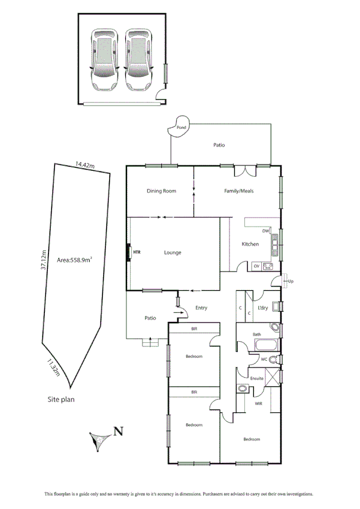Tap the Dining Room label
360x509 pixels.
click(162, 191)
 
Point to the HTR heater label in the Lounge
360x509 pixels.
click(137, 252)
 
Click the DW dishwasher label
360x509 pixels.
click(266, 231)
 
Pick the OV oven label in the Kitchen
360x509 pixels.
click(256, 266)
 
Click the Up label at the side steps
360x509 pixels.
click(291, 281)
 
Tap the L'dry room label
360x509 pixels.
click(262, 308)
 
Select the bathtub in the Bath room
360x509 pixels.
click(265, 346)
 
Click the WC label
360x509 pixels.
click(263, 359)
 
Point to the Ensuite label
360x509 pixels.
click(257, 378)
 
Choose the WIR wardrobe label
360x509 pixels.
click(259, 403)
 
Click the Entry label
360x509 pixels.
click(201, 308)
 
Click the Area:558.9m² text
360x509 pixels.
click(74, 260)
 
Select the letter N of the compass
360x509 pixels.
click(119, 430)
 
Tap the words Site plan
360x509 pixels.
click(62, 399)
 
